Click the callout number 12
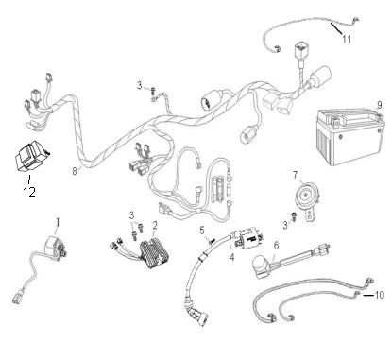point(29,192)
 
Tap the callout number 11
point(347,39)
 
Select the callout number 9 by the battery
point(380,104)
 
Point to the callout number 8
point(75,171)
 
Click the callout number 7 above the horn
point(296,175)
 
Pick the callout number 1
point(58,222)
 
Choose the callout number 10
point(380,295)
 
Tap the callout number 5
point(202,231)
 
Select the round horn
point(305,196)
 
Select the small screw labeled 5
point(212,241)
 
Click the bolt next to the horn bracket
point(294,216)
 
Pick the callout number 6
point(276,246)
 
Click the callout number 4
point(231,257)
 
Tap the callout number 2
point(155,225)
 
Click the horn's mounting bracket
point(310,214)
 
